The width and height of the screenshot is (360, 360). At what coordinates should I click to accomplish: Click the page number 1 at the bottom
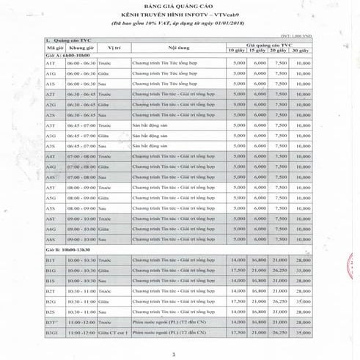pos(175,354)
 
